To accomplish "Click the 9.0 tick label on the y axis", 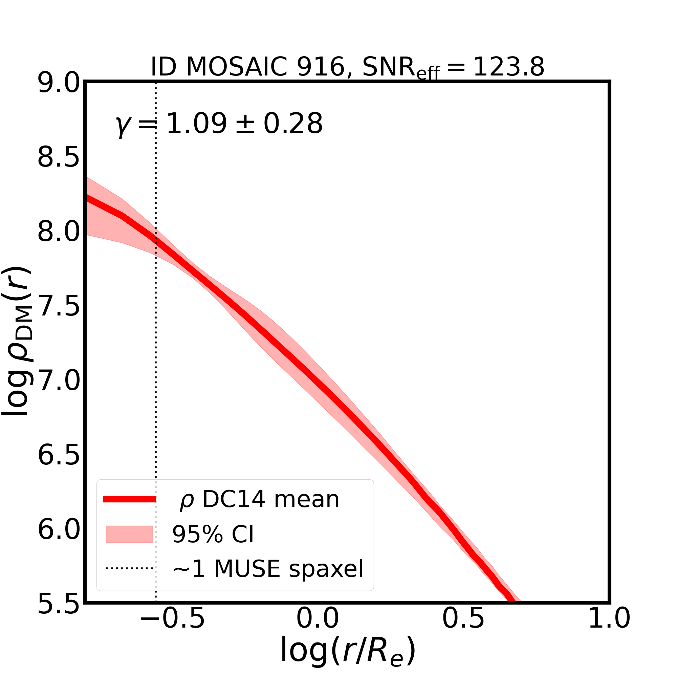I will [x=59, y=84].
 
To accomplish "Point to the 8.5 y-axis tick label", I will [x=59, y=158].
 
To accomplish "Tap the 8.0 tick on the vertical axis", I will [x=59, y=232].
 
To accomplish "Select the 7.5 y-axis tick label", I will [x=59, y=307].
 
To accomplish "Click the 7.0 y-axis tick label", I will [x=59, y=381].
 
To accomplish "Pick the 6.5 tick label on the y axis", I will [x=59, y=456].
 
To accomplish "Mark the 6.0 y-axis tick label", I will [x=59, y=530].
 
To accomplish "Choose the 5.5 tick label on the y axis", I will [x=59, y=604].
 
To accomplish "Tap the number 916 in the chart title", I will [x=321, y=67].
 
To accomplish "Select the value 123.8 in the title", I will [x=509, y=67].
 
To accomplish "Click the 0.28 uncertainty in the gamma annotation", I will [x=293, y=124].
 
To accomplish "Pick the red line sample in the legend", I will [x=129, y=499].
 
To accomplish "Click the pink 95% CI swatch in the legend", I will [x=129, y=534].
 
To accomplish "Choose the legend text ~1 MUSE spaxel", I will [x=268, y=568].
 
